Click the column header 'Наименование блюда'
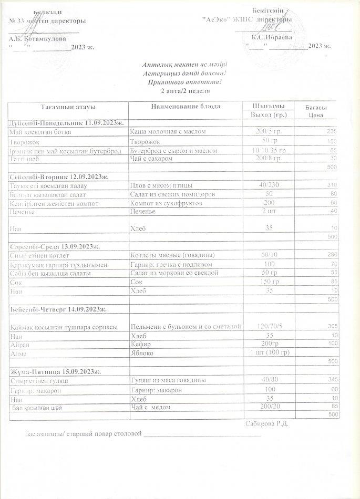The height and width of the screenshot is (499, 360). click(185, 107)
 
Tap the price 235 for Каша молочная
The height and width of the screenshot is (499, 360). click(331, 131)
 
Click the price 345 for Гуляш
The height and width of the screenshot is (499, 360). click(331, 380)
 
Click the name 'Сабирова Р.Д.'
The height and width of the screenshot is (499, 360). click(267, 423)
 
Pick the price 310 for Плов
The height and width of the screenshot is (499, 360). click(331, 186)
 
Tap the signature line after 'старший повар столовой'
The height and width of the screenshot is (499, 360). click(202, 435)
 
